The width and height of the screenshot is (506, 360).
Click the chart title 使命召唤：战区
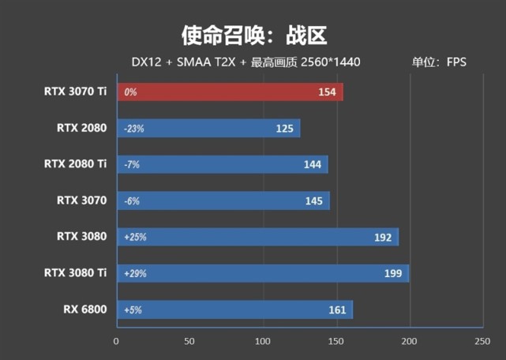point(253,35)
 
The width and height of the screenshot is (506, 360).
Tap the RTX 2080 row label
point(81,128)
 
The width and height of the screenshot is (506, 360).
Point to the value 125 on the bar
point(285,129)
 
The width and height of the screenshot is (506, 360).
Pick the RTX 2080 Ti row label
point(75,164)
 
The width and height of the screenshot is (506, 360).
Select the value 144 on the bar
point(312,165)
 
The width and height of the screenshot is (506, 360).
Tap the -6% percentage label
point(131,201)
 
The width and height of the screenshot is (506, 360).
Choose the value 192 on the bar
point(382,238)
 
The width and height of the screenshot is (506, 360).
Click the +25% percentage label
point(135,238)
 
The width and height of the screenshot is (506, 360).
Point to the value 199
point(392,274)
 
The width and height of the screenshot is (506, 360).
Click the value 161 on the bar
point(337,310)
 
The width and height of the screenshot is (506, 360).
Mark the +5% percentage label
point(133,310)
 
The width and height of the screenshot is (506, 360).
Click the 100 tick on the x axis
point(263,341)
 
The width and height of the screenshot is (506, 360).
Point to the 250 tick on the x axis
point(482,341)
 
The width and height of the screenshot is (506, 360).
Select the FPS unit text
point(456,62)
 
